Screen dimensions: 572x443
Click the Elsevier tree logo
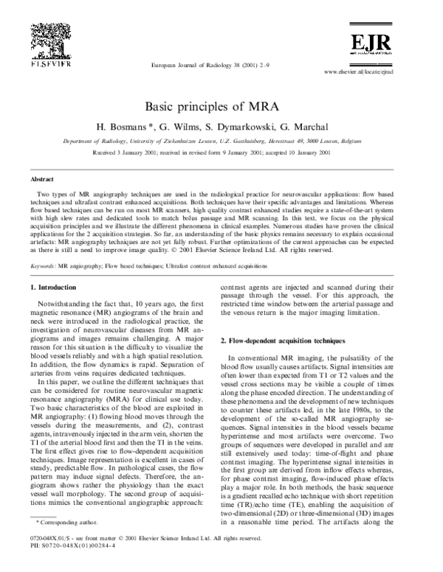coord(49,37)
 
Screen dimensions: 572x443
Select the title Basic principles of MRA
coord(221,107)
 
